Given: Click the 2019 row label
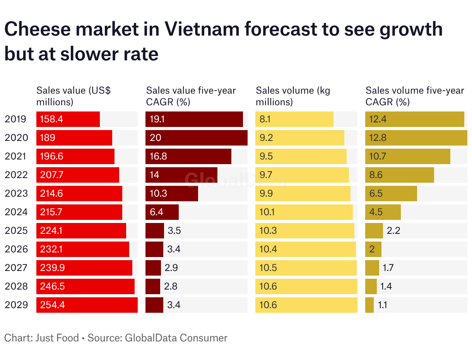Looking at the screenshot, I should (x=15, y=119).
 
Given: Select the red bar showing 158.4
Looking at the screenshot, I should (x=68, y=119).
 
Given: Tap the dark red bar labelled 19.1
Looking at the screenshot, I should (x=194, y=119).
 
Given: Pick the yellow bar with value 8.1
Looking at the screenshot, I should (x=294, y=119).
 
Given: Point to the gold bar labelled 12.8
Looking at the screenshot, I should (x=416, y=138).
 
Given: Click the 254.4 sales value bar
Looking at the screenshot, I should (x=87, y=305).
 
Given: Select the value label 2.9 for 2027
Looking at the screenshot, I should (x=171, y=268).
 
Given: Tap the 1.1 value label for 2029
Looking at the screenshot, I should (x=383, y=305).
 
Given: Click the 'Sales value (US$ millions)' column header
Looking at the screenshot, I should (x=74, y=96).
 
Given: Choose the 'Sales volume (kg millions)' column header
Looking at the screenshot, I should (x=293, y=96).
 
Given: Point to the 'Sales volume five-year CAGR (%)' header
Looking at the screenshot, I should (x=415, y=96).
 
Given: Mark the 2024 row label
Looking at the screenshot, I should (x=16, y=212).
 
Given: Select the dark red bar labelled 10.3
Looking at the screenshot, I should (x=172, y=194).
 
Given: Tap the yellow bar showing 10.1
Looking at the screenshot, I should (x=304, y=212).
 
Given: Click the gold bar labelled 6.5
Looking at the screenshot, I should (x=391, y=194).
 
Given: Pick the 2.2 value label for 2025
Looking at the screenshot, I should (x=393, y=231).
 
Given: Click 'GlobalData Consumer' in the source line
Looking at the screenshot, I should (x=176, y=338).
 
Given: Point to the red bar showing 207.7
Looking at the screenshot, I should (x=78, y=175).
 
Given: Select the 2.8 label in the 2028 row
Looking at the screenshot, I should (x=171, y=286).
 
